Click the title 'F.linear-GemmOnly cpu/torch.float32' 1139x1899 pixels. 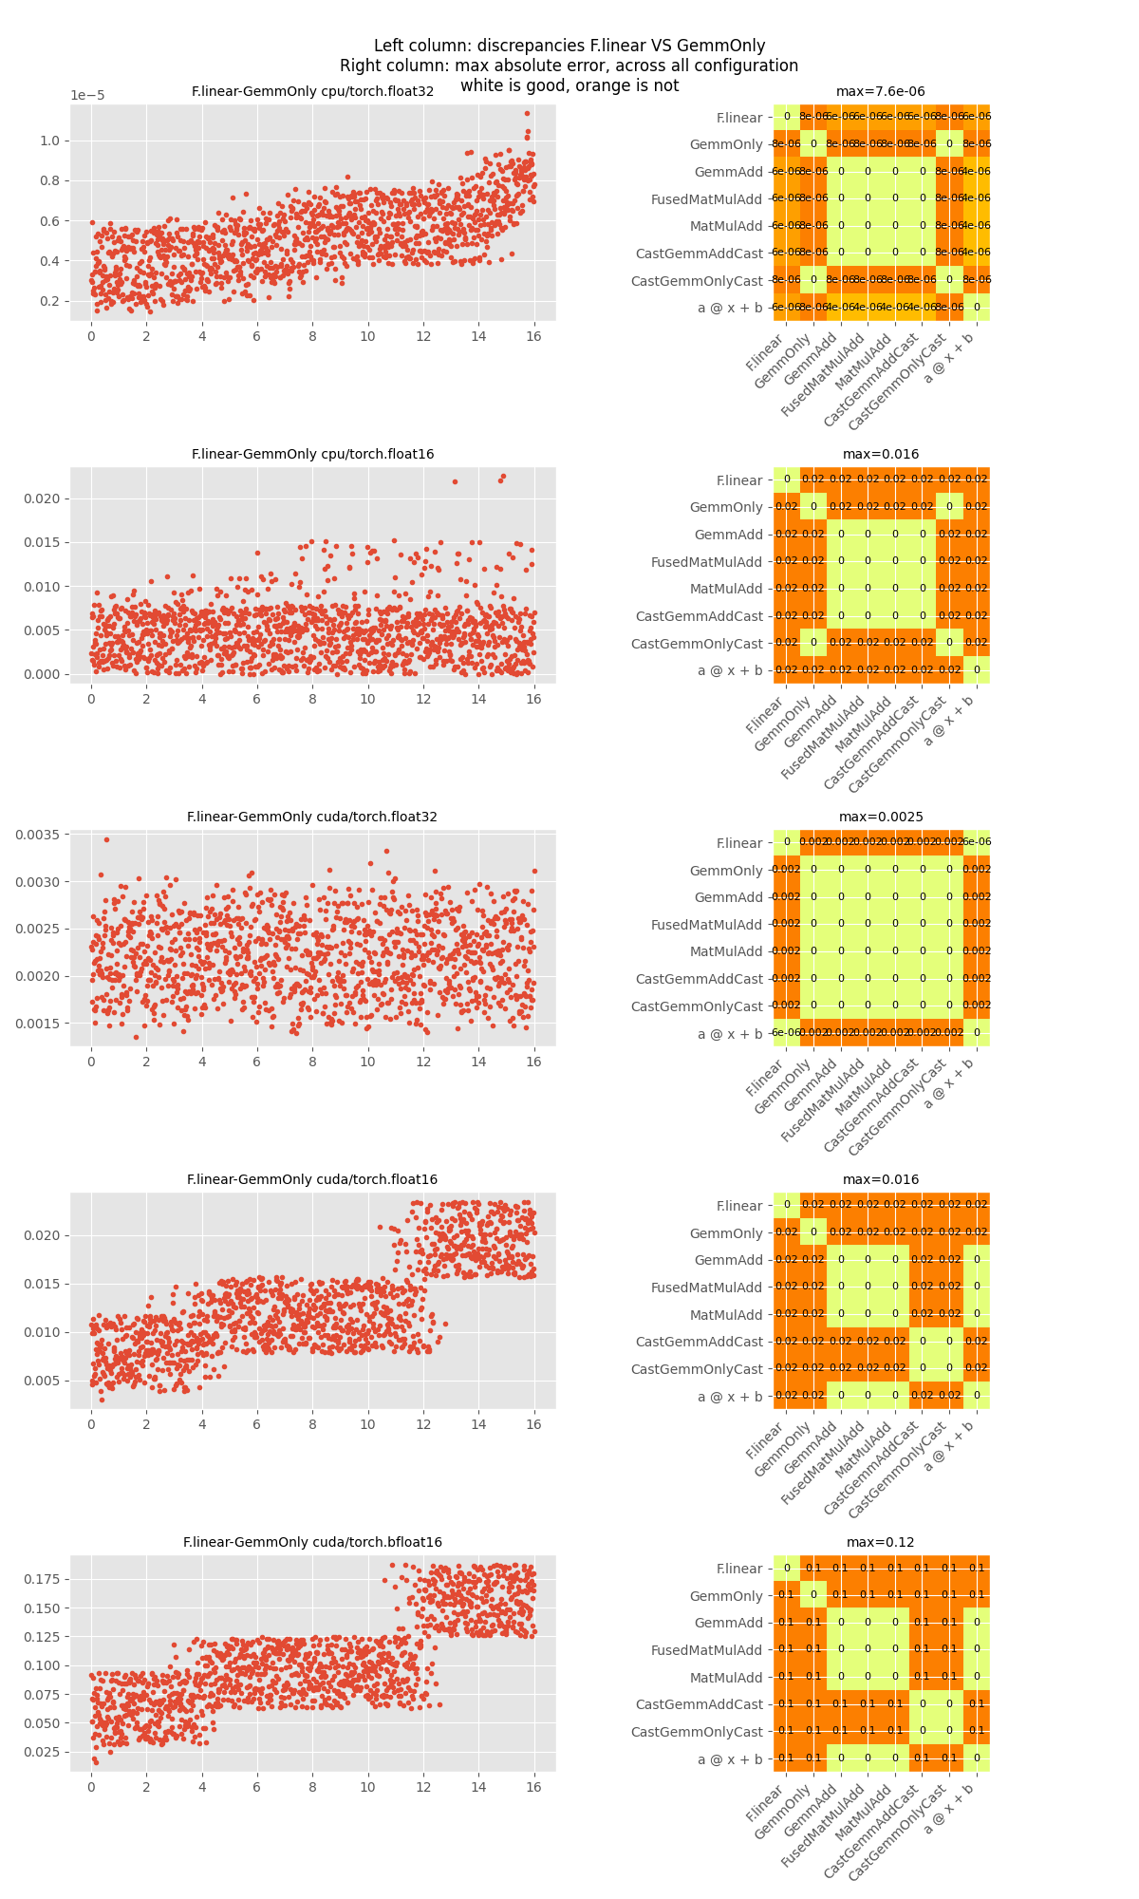[x=312, y=91]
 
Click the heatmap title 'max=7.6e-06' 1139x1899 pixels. [x=880, y=91]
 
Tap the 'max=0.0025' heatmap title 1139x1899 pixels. [x=880, y=817]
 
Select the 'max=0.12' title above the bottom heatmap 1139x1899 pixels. [x=880, y=1542]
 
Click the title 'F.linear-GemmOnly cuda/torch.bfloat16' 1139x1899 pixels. [x=312, y=1542]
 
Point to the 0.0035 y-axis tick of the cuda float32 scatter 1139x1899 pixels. [x=37, y=835]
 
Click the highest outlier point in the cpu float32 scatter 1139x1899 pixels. [x=527, y=113]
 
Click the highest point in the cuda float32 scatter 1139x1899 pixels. [x=106, y=839]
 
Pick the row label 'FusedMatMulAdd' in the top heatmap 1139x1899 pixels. [x=706, y=199]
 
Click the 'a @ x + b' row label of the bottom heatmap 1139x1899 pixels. [x=730, y=1759]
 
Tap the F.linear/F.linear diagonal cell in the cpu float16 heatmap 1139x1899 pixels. [x=786, y=479]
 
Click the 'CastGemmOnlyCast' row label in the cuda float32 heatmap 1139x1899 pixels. [x=697, y=1006]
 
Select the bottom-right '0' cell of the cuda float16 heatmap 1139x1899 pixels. [x=977, y=1396]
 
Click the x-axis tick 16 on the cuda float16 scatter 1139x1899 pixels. [x=533, y=1424]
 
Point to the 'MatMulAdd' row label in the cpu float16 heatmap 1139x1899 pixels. [x=726, y=589]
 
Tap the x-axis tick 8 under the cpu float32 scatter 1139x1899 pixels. [x=312, y=336]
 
